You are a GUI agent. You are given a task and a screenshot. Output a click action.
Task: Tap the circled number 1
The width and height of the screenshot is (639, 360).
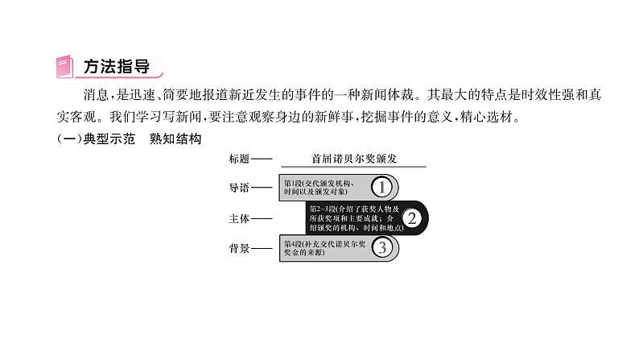pyautogui.click(x=384, y=188)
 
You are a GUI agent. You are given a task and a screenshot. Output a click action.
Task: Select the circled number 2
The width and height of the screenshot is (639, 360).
pyautogui.click(x=412, y=217)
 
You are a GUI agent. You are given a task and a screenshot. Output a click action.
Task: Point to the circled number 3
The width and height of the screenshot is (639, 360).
pyautogui.click(x=384, y=247)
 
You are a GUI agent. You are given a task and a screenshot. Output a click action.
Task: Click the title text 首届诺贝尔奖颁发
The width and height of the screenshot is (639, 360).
pyautogui.click(x=354, y=159)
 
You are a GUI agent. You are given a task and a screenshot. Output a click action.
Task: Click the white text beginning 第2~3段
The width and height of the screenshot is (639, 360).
pyautogui.click(x=352, y=217)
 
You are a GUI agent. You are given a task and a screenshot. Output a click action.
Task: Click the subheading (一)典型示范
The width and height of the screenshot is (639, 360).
pyautogui.click(x=92, y=139)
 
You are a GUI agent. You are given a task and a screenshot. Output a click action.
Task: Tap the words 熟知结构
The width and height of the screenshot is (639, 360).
pyautogui.click(x=174, y=139)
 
